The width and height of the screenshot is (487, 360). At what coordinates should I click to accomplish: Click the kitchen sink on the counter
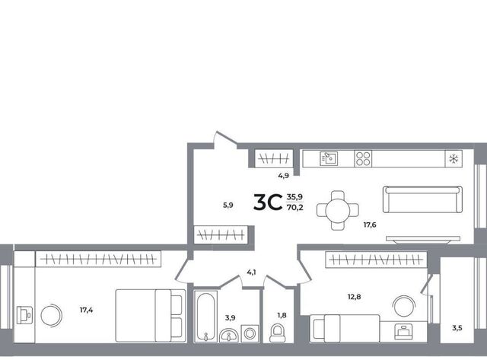[x=329, y=158]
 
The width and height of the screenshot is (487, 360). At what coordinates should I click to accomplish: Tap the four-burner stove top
[x=363, y=159]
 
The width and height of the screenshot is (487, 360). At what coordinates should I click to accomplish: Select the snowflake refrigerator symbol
[x=454, y=159]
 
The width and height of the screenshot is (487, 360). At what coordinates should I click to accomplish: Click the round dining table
[x=338, y=210]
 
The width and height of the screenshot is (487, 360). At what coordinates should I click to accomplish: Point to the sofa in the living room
[x=422, y=199]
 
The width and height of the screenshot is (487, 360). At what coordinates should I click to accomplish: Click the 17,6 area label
[x=370, y=225]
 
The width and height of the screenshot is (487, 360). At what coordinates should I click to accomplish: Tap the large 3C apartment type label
[x=268, y=202]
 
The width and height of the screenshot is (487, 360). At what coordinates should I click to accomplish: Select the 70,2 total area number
[x=295, y=208]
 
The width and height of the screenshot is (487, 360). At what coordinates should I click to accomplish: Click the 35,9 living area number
[x=294, y=196]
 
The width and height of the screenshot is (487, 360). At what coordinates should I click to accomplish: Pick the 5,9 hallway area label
[x=228, y=205]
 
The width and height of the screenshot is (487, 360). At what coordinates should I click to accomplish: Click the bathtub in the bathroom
[x=205, y=316]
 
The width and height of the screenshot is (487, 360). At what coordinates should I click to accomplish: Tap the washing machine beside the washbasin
[x=250, y=333]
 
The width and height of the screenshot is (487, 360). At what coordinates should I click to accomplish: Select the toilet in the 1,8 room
[x=278, y=333]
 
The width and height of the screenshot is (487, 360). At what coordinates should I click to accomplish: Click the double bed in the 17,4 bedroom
[x=151, y=316]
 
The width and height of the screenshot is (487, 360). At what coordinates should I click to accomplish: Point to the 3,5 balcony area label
[x=457, y=328]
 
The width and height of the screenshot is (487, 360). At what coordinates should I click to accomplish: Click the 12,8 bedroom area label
[x=354, y=297]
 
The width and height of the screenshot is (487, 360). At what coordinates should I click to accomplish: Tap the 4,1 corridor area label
[x=251, y=272]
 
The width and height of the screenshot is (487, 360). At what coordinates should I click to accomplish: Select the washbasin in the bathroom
[x=229, y=336]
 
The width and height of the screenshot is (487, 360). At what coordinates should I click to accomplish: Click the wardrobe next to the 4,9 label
[x=274, y=159]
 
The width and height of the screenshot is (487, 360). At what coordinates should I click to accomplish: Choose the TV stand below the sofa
[x=423, y=239]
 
